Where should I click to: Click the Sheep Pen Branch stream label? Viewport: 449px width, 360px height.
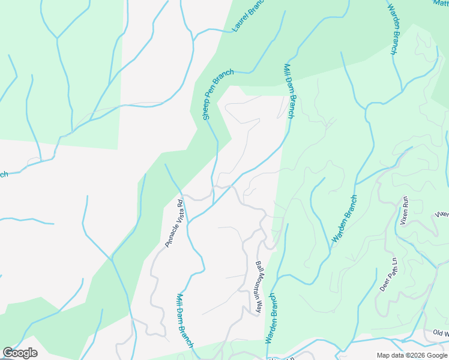point(218,95)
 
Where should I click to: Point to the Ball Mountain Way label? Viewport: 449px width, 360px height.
point(259,287)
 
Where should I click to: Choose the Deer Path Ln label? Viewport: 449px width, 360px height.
point(389,274)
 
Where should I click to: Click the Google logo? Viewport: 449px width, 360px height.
point(20,353)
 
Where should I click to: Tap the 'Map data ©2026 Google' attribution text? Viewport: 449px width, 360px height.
point(412,355)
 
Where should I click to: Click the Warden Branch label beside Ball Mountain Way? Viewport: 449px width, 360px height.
point(271,318)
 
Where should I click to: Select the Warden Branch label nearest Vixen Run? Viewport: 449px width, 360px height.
point(345,219)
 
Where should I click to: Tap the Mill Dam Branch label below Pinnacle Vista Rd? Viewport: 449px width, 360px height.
point(184,320)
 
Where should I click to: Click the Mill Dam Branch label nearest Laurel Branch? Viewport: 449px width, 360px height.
point(289,91)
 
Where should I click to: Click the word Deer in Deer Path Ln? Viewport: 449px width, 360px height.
point(384,284)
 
